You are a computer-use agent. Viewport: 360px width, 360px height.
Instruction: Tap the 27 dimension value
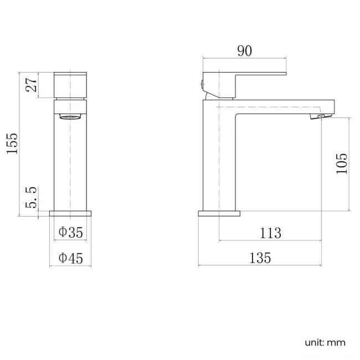[32, 85]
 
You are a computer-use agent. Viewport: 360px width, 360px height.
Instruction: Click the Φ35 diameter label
[70, 233]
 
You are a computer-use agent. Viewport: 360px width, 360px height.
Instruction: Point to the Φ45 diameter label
[70, 258]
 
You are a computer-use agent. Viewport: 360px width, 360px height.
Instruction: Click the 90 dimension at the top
[244, 51]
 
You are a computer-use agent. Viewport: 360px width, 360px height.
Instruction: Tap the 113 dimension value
[270, 233]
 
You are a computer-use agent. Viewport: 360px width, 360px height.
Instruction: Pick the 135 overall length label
[259, 258]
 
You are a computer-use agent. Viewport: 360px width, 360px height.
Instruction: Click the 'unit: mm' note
[325, 342]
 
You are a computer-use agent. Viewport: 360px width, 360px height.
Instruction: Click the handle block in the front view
[70, 85]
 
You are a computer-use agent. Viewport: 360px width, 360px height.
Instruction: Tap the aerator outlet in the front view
[70, 116]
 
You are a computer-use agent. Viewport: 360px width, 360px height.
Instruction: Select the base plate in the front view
[70, 213]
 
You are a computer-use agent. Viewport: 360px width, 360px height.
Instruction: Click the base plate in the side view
[219, 213]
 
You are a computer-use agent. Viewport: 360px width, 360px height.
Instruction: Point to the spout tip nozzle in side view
[320, 116]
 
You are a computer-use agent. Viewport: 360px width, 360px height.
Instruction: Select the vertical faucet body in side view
[220, 161]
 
